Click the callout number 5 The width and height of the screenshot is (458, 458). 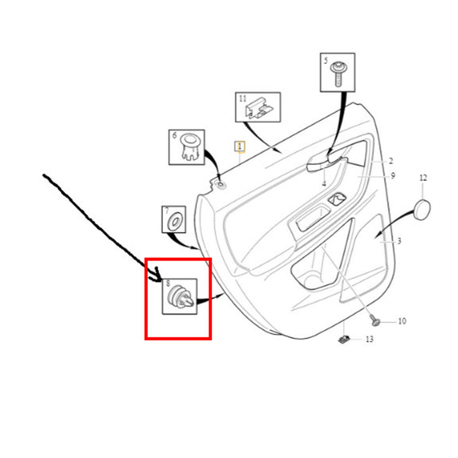point(326,61)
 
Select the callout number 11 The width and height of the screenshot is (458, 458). point(243,99)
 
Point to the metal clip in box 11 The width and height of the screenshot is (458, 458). point(259,108)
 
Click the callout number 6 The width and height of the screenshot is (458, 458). point(175,135)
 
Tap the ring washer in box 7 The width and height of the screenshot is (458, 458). point(174,221)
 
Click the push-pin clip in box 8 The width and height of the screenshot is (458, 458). point(180,297)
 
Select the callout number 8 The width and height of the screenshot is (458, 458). point(168,283)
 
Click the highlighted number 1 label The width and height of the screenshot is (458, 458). point(240,146)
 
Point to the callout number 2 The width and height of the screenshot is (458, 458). point(391,161)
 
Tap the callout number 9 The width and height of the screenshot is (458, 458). point(393,176)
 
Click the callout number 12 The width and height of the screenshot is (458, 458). point(423,178)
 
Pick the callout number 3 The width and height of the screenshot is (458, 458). point(399,241)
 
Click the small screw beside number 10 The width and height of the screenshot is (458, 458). point(374,320)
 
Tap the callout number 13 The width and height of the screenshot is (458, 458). point(370,339)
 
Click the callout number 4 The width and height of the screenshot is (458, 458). point(324,183)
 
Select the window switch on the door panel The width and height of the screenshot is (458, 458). point(337,199)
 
